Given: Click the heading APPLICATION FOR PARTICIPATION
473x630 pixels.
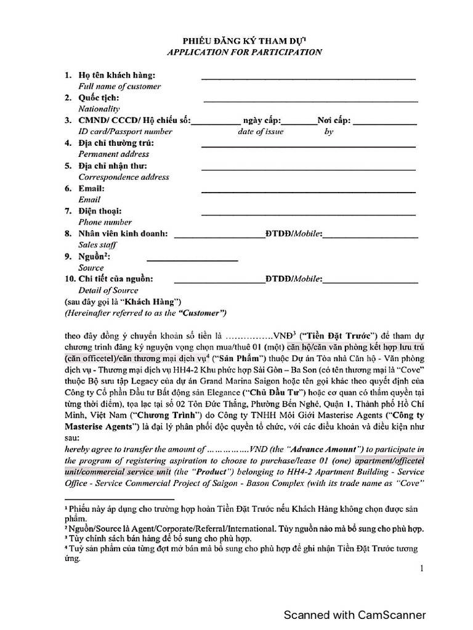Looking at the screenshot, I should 245,52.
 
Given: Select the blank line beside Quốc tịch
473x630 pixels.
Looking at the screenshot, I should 310,101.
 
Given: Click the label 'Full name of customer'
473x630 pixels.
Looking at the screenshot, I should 119,86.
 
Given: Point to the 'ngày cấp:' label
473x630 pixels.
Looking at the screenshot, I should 263,121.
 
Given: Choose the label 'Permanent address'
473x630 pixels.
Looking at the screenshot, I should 113,154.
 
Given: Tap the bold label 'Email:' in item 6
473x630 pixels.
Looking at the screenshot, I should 91,188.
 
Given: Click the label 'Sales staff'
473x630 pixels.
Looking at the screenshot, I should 97,245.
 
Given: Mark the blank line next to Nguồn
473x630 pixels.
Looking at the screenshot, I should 192,260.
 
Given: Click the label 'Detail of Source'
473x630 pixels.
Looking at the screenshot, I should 108,290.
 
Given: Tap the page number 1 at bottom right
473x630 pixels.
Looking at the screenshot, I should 422,569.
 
